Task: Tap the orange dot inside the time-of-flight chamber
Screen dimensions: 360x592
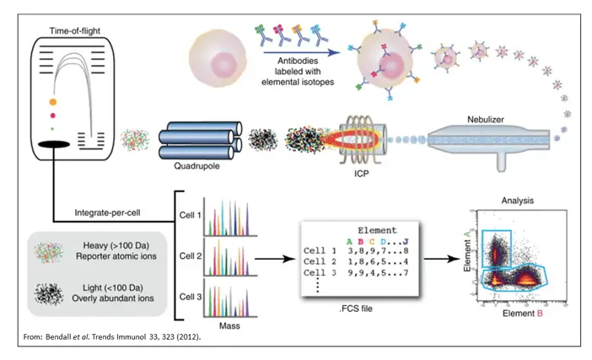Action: [54, 102]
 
